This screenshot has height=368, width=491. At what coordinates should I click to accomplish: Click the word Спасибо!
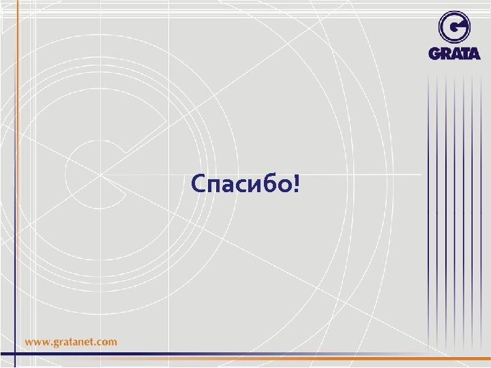point(245,183)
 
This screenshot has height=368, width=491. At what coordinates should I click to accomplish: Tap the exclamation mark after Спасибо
point(295,183)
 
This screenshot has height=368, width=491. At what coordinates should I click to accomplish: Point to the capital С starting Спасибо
point(198,183)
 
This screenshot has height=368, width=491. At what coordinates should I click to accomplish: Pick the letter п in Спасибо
point(213,185)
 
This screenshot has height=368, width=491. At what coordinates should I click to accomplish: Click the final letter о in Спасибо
point(280,185)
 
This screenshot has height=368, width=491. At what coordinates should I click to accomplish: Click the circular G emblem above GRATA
point(454,27)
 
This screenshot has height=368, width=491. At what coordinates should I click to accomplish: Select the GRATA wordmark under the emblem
point(455,53)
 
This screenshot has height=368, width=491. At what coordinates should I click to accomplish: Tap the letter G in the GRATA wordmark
point(434,53)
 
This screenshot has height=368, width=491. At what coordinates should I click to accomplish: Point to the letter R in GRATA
point(445,53)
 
